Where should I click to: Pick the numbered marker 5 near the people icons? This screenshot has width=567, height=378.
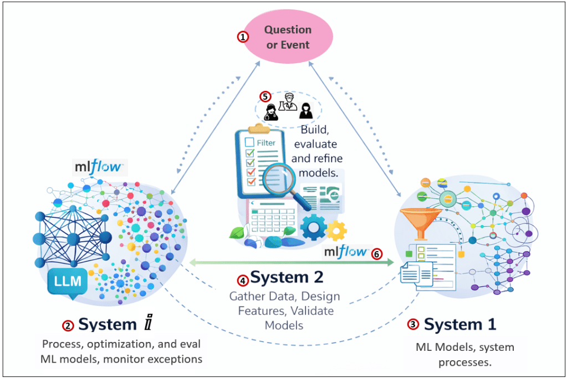click(x=266, y=96)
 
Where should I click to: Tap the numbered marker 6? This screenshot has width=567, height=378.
click(x=377, y=253)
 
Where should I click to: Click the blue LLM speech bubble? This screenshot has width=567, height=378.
click(x=68, y=282)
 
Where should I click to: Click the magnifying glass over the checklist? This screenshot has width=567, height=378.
click(x=278, y=181)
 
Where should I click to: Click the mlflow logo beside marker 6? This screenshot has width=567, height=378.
click(x=346, y=252)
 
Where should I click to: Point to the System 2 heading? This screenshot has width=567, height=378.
click(x=287, y=276)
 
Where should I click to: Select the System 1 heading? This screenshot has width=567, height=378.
click(x=459, y=324)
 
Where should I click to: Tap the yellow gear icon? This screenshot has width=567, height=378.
click(x=336, y=229)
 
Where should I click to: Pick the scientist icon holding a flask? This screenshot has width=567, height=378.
click(x=286, y=104)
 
